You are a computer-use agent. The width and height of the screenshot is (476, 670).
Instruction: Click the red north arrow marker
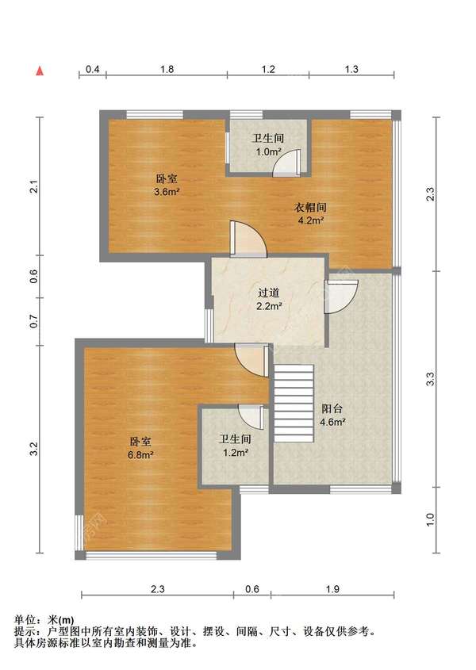point(40,71)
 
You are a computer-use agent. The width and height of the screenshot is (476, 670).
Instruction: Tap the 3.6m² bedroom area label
point(167,192)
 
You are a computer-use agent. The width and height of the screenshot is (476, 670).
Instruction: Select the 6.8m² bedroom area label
point(140,455)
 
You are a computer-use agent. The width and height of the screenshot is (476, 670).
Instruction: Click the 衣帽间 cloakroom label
point(310,208)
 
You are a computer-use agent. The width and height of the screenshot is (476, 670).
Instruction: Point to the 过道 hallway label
point(269,293)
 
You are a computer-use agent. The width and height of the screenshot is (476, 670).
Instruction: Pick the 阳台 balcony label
point(332,408)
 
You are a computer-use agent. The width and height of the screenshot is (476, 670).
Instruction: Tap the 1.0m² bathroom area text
point(268,151)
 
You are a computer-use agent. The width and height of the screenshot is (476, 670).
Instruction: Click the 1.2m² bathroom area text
point(236,453)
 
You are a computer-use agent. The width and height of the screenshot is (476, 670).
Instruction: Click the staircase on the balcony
point(294,404)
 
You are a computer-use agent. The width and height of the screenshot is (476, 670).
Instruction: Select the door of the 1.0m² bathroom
point(286,163)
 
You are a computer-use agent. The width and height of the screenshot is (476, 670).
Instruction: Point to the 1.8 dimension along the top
point(167,69)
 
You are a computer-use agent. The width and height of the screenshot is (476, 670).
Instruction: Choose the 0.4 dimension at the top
point(93,69)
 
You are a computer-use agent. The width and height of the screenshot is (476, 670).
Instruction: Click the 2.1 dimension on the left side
point(34,187)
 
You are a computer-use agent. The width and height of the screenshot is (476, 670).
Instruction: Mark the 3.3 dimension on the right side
point(430,379)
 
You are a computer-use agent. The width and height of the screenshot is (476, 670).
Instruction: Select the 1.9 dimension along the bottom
point(332,589)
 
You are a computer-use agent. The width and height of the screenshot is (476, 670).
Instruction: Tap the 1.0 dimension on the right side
point(430,519)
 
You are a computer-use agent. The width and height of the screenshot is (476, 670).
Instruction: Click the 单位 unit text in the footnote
point(25,619)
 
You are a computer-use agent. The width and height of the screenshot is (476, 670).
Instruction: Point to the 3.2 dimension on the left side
point(34,449)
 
